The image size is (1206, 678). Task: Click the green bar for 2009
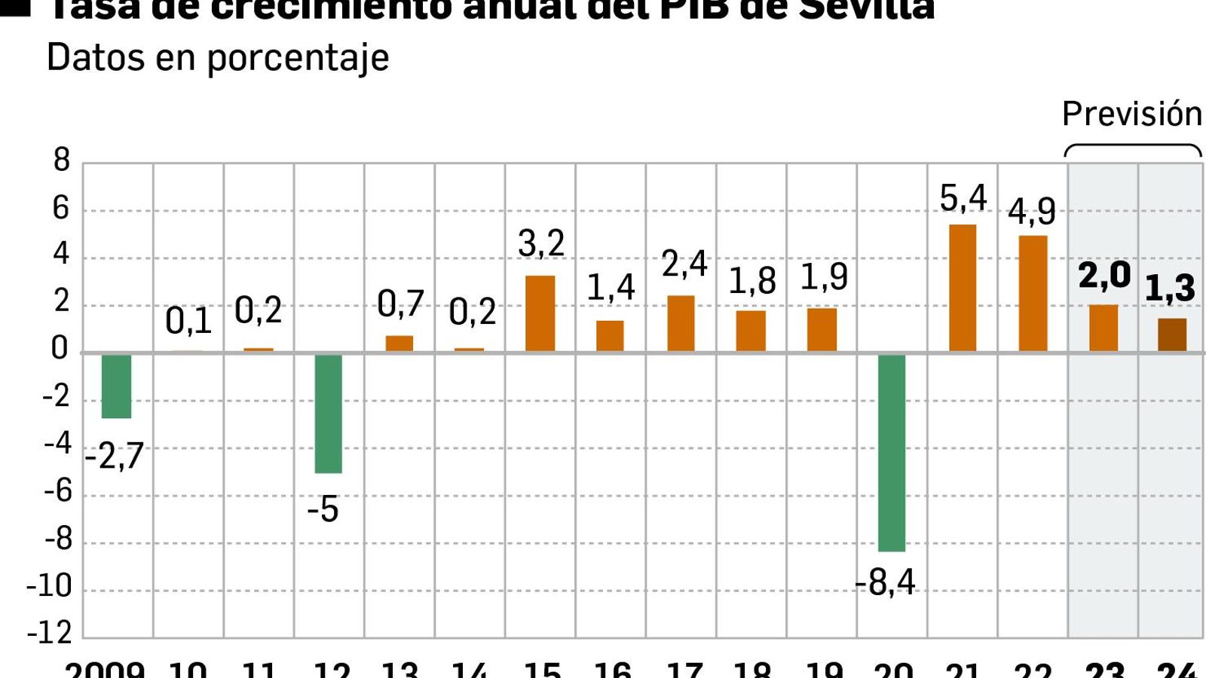117,386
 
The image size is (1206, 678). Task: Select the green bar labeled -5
329,413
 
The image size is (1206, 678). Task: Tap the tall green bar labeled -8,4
892,452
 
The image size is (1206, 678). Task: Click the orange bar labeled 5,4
963,288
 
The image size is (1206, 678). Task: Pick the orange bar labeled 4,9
1033,294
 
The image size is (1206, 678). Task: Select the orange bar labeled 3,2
540,313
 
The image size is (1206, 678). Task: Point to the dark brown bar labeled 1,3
1172,335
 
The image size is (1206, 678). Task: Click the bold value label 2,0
1104,276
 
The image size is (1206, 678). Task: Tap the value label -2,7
114,457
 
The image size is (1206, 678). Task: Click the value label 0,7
400,304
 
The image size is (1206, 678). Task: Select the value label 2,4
684,264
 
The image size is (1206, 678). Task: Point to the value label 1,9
824,277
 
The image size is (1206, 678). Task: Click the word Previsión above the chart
1132,115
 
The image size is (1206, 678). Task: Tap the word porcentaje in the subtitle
298,58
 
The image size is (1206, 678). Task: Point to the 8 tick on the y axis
62,160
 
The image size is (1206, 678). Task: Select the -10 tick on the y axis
49,586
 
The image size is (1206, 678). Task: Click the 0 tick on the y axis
60,349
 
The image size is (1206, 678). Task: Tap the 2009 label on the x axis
105,669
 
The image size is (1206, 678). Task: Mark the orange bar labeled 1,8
751,331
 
